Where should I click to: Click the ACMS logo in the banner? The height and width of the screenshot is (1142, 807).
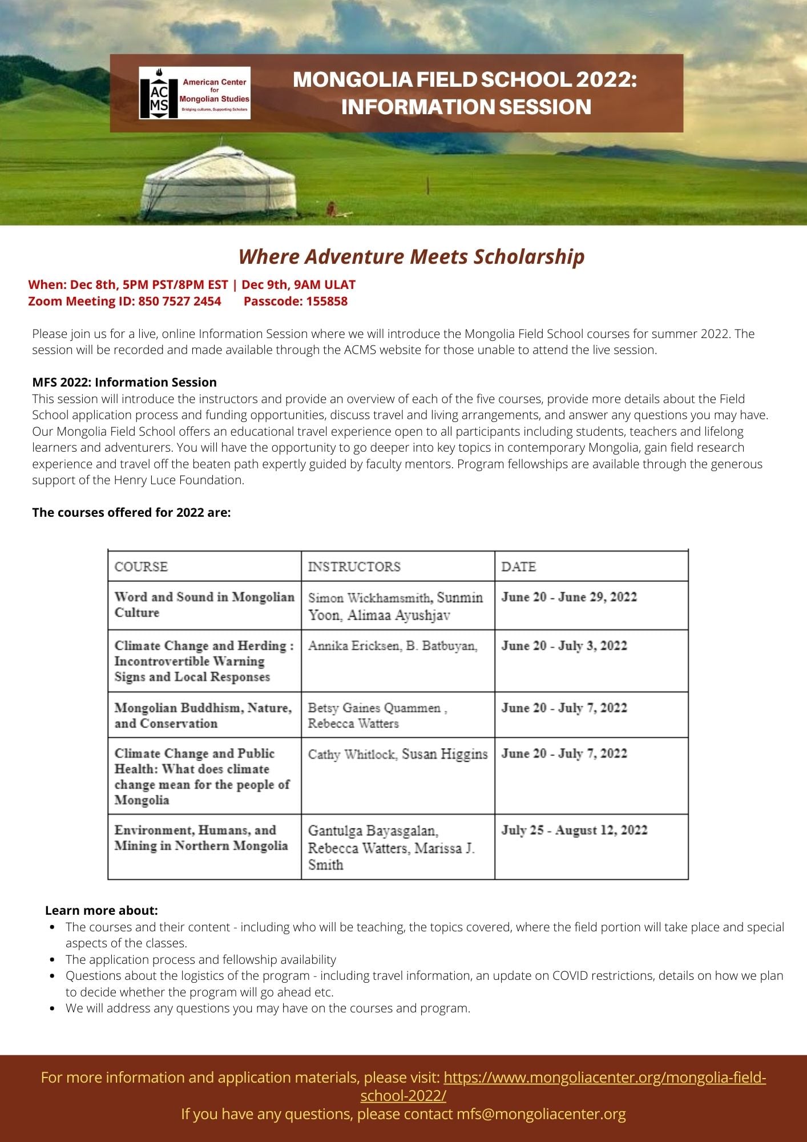[195, 93]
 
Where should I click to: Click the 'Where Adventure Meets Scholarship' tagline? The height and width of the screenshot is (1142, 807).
[411, 256]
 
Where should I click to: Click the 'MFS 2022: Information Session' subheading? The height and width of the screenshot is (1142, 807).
[124, 382]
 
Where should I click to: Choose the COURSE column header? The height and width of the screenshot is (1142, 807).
[141, 566]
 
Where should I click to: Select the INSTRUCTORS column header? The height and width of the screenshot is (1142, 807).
[354, 566]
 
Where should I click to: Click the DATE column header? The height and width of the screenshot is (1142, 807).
[518, 566]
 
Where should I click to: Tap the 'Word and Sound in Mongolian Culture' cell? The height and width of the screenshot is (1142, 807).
[204, 605]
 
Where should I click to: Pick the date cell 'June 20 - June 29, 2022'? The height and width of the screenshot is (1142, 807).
[569, 597]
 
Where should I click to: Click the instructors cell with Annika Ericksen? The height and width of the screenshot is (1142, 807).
[393, 646]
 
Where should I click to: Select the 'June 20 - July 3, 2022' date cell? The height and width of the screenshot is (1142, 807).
[564, 646]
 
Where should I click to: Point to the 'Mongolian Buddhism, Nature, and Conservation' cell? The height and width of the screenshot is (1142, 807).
[203, 715]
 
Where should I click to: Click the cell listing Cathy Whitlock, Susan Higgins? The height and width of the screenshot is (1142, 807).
[398, 754]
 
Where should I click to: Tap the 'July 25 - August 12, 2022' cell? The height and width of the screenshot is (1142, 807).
[574, 830]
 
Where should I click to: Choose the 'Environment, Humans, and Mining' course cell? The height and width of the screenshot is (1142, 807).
[201, 838]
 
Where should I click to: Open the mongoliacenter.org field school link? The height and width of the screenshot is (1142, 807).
[604, 1077]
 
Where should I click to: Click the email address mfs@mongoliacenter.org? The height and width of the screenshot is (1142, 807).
[540, 1114]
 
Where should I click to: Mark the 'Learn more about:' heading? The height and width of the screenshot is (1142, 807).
[102, 910]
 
